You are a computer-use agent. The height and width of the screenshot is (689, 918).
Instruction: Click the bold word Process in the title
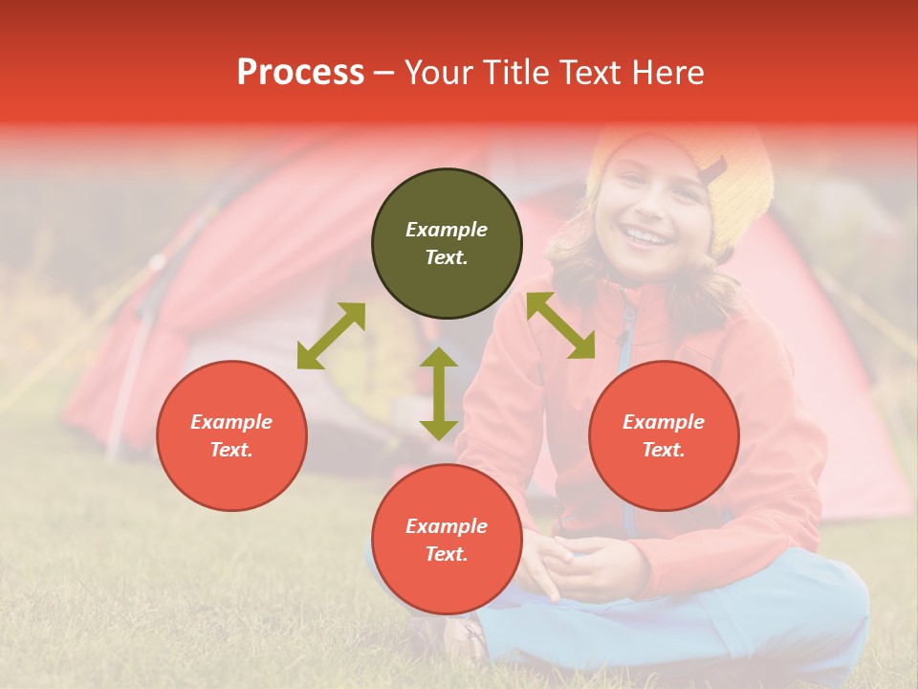point(300,73)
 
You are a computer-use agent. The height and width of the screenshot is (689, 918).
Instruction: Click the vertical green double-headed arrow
point(439,393)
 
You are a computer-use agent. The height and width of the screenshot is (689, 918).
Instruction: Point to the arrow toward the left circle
point(331,336)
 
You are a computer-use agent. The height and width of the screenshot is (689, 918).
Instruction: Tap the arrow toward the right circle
point(560,325)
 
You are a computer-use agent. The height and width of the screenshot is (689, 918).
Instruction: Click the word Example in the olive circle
point(447,230)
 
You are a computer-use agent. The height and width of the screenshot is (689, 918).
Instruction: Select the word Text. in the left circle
point(231,450)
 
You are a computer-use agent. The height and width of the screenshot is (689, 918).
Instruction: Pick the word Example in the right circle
point(664,422)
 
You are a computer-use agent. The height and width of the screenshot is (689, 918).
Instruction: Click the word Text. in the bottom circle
point(447,554)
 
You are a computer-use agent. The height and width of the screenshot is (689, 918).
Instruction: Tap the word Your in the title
point(439,73)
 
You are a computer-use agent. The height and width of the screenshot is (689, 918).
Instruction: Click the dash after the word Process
point(384,74)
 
